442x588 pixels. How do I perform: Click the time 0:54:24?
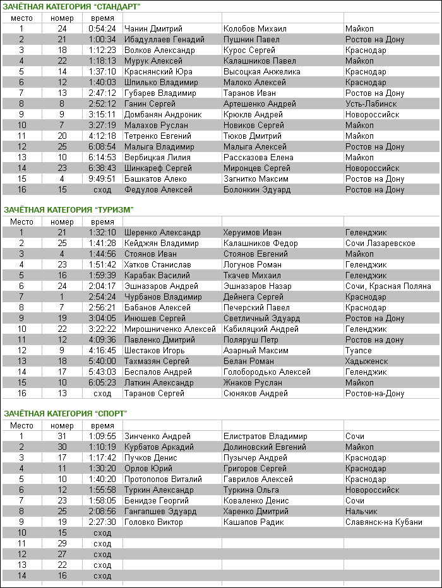[102, 29]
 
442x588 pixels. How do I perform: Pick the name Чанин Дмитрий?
[153, 29]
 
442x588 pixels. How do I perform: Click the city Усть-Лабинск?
[371, 104]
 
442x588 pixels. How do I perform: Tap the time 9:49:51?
[102, 179]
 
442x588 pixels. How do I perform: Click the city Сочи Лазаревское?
[380, 244]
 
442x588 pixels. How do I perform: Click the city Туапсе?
[359, 351]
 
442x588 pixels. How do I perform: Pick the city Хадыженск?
[367, 362]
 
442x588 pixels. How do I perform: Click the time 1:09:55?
[102, 437]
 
